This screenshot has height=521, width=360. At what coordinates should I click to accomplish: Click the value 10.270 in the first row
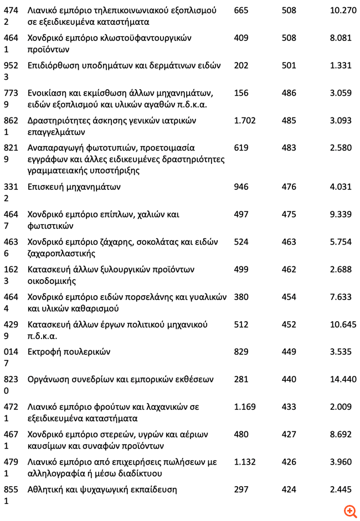343,11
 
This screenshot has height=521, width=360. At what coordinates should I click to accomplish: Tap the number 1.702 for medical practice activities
245,121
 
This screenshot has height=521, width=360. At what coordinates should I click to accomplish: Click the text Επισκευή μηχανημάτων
74,187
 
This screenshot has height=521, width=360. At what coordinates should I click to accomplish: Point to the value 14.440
343,380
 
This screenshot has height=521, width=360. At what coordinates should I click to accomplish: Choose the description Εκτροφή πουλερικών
69,352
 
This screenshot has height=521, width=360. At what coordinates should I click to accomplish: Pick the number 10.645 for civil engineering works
343,325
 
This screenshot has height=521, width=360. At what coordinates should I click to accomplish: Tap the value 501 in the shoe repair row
289,66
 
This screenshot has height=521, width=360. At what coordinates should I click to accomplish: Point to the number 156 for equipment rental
241,93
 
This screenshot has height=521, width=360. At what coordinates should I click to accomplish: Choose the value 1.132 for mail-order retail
245,462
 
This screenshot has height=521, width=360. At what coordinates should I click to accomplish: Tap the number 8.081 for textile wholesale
341,38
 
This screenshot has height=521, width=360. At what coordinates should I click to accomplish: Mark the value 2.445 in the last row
341,490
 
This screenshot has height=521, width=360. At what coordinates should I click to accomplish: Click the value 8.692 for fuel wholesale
341,435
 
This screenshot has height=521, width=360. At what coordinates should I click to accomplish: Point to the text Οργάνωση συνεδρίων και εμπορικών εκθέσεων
121,380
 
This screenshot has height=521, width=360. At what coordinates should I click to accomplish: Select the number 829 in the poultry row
241,352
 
